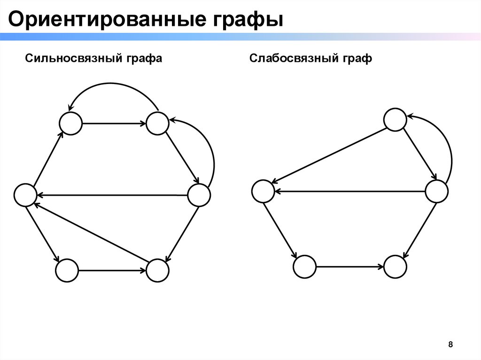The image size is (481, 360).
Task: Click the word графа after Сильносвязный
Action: click(x=143, y=59)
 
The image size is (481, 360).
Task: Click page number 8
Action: click(x=451, y=345)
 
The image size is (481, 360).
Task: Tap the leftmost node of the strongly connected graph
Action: click(x=25, y=195)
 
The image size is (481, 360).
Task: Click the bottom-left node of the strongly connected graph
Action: click(x=67, y=271)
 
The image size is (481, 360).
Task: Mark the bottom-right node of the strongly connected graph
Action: click(x=157, y=271)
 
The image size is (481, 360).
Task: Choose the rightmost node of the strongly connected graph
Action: click(x=199, y=195)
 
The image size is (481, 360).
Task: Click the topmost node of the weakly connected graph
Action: click(x=395, y=120)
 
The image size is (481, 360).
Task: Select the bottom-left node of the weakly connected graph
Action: click(x=305, y=267)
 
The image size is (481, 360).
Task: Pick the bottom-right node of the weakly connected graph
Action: click(x=395, y=267)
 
